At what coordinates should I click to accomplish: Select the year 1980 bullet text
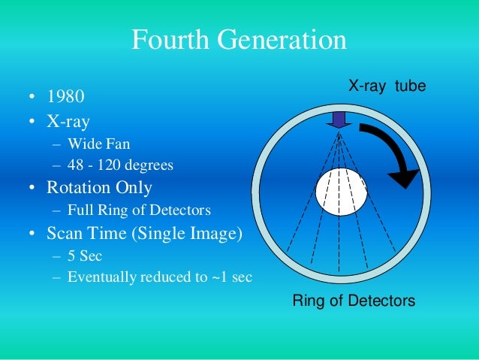[65, 97]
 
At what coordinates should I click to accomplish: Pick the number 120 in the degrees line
[106, 165]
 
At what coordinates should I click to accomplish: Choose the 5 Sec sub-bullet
[84, 256]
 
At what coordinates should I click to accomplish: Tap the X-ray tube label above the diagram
[387, 87]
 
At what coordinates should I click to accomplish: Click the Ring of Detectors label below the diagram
[353, 301]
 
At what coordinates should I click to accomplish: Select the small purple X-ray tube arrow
[339, 119]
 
